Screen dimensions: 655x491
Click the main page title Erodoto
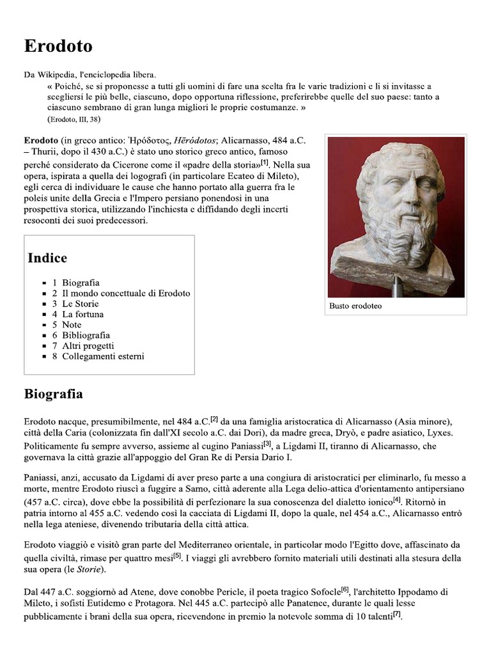58,46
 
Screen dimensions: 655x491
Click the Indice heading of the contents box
47,258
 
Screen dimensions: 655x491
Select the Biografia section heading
53,394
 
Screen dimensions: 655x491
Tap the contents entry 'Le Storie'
80,304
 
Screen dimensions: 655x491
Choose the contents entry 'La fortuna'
82,314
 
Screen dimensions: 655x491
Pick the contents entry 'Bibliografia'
86,335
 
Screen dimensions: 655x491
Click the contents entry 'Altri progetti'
88,345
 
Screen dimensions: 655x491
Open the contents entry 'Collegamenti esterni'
103,356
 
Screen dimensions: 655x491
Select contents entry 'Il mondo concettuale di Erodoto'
126,293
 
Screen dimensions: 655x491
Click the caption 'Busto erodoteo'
355,306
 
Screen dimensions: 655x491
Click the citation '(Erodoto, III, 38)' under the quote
74,120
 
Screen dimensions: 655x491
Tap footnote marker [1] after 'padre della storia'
264,162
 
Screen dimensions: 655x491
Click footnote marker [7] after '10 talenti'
397,614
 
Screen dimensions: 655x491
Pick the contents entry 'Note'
72,325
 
